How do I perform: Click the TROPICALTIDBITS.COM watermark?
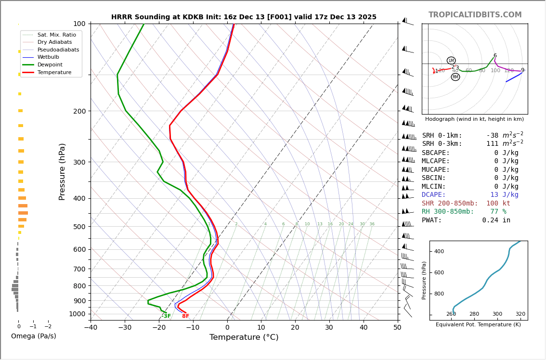tap(475, 15)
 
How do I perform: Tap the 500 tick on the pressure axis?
tap(79, 227)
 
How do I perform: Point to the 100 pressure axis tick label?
tap(79, 24)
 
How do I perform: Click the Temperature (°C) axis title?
tap(244, 338)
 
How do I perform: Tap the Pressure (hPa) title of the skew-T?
tap(62, 171)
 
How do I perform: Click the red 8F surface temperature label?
tap(185, 316)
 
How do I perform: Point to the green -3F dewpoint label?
tap(166, 316)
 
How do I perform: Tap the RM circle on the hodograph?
tap(455, 77)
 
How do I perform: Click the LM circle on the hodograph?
tap(451, 61)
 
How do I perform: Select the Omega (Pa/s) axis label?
tap(34, 336)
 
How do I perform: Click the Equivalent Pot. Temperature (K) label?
tap(478, 325)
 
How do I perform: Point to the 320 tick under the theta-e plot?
tap(520, 314)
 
